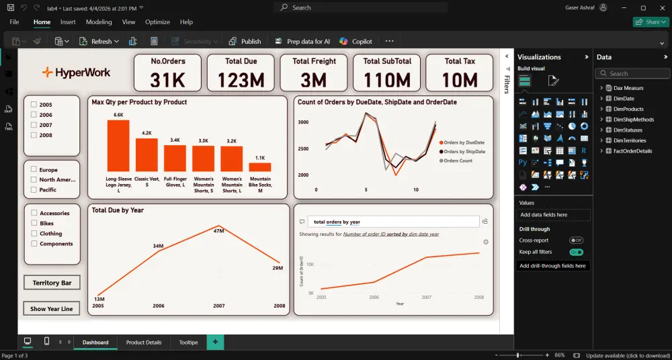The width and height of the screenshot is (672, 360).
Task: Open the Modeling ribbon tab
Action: [99, 22]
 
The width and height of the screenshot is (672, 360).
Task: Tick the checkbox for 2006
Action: [33, 115]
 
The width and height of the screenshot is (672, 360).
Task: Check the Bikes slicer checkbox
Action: [33, 223]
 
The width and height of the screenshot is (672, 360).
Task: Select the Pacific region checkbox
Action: [33, 190]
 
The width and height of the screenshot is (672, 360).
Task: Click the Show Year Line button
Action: [52, 309]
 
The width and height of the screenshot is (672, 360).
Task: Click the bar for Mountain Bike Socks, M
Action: [260, 167]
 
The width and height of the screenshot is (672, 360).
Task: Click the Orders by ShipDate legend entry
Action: [464, 152]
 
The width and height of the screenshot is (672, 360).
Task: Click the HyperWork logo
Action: [76, 73]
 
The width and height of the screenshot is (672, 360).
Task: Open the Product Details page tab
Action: [144, 343]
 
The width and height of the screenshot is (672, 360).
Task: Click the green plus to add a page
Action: [215, 343]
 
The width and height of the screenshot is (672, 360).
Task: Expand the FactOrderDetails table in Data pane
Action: [601, 151]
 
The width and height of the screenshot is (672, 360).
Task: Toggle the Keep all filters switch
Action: [576, 252]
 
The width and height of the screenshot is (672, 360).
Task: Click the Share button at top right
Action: [649, 22]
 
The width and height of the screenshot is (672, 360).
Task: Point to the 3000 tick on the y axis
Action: [303, 122]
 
